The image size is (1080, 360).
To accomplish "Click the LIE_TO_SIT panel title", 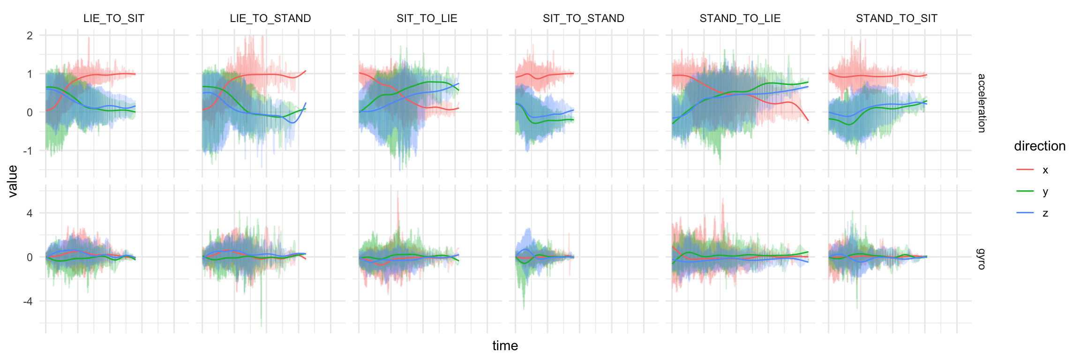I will tap(113, 18).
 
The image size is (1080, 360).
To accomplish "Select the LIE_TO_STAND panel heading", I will tap(270, 18).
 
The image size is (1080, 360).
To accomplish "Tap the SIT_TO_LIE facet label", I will tap(427, 18).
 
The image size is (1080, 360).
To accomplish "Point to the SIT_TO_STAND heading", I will tap(583, 18).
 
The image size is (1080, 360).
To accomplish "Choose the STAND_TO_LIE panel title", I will tap(740, 18).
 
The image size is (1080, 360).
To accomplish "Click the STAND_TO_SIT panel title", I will tap(896, 18).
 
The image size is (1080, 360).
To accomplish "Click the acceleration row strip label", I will tap(981, 103).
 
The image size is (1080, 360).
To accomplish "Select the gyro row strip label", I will tap(981, 259).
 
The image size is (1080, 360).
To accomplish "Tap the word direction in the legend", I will tap(1039, 146).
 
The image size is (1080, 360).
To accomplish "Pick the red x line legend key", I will tap(1025, 170).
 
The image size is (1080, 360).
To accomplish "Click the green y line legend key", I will tap(1025, 191).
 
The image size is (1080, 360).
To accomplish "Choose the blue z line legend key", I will tap(1025, 213).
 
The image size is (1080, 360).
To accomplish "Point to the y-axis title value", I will tap(13, 181).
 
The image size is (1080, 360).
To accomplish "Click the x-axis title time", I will tap(505, 346).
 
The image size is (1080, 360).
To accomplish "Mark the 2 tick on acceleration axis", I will tap(30, 36).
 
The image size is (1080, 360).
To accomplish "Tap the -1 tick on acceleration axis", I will tap(29, 151).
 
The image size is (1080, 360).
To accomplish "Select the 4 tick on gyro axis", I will tap(30, 213).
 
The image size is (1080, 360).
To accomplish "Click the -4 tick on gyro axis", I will tap(29, 301).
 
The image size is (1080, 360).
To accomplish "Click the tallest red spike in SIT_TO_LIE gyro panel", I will tap(398, 192).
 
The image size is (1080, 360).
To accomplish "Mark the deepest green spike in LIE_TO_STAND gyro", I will tap(261, 325).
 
